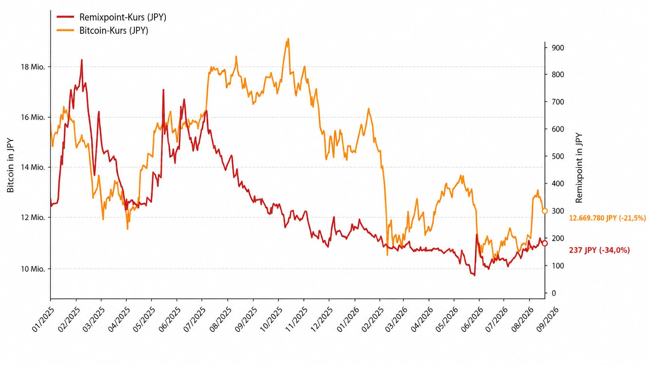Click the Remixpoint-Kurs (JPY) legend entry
pyautogui.click(x=111, y=17)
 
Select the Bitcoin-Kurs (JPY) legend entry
pyautogui.click(x=102, y=30)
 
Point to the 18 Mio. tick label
pyautogui.click(x=33, y=67)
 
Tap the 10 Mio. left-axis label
pyautogui.click(x=33, y=269)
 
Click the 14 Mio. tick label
pyautogui.click(x=33, y=167)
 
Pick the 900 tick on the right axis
pyautogui.click(x=558, y=48)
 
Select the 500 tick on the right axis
pyautogui.click(x=558, y=157)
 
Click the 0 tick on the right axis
pyautogui.click(x=554, y=293)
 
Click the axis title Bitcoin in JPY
pyautogui.click(x=10, y=165)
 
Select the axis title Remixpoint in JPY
pyautogui.click(x=579, y=168)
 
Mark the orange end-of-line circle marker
pyautogui.click(x=545, y=211)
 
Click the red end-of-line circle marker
pyautogui.click(x=545, y=244)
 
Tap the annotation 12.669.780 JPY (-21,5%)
pyautogui.click(x=607, y=218)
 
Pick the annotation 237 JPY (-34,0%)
pyautogui.click(x=599, y=250)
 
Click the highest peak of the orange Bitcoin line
pyautogui.click(x=288, y=39)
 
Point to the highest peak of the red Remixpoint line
pyautogui.click(x=82, y=60)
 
